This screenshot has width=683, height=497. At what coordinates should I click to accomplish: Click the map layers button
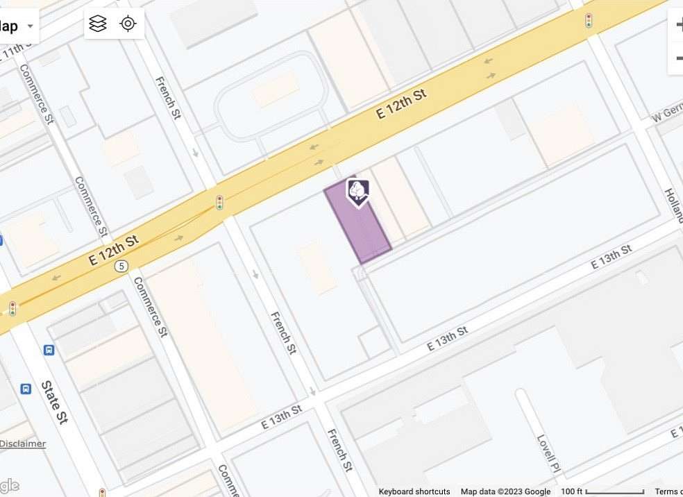click(x=98, y=24)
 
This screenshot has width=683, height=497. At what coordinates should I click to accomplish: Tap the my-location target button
click(x=128, y=24)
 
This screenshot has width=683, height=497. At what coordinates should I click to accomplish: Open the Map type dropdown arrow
click(x=30, y=26)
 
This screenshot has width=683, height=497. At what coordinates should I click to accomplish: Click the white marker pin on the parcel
click(x=357, y=192)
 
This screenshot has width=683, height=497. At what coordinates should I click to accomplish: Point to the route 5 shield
click(x=121, y=266)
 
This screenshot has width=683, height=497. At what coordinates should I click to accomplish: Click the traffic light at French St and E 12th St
click(x=219, y=203)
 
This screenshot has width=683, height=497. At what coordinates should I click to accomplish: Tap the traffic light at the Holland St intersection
click(x=589, y=20)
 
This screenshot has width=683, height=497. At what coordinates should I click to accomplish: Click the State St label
click(x=54, y=402)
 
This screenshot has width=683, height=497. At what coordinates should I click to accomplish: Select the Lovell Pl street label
click(x=548, y=453)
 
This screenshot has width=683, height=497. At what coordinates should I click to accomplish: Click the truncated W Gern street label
click(x=667, y=115)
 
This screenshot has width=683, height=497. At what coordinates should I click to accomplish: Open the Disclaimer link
click(x=22, y=444)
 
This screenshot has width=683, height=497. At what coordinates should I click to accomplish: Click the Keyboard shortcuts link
click(x=414, y=491)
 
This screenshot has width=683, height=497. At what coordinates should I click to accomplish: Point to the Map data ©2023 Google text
click(x=505, y=491)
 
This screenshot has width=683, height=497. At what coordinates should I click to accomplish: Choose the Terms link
click(x=668, y=491)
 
